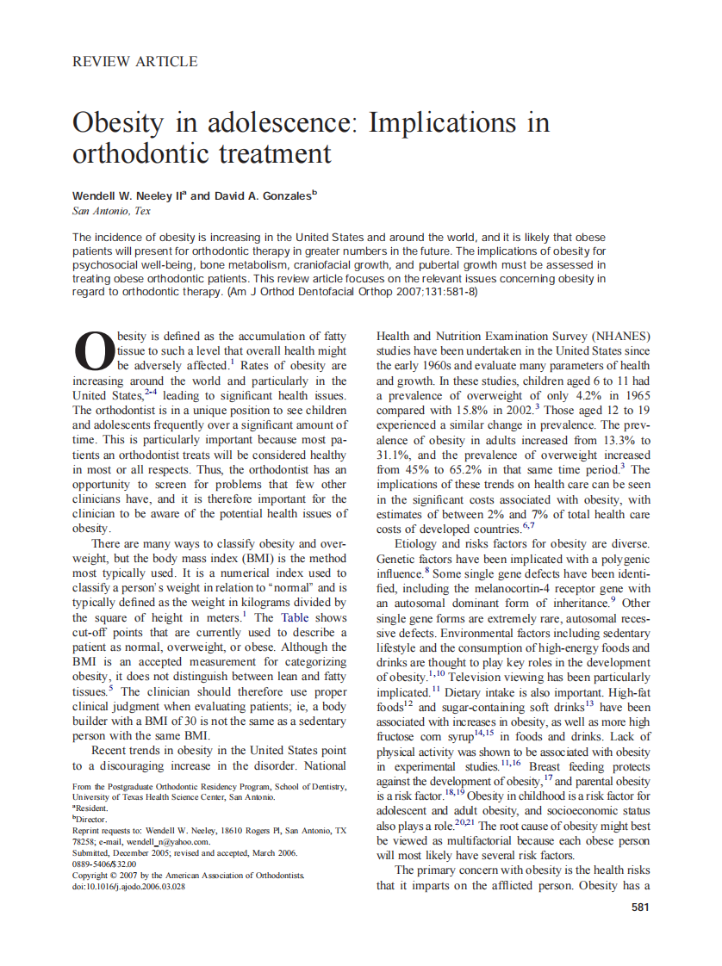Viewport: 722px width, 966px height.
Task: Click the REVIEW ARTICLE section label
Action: [x=135, y=61]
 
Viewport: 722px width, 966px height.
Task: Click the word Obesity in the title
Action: [x=116, y=122]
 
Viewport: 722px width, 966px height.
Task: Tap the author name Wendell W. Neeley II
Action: [x=128, y=196]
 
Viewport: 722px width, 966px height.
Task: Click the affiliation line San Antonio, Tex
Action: [x=111, y=211]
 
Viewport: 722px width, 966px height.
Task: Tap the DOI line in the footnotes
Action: [x=128, y=887]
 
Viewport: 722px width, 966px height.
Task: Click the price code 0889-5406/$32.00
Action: [x=104, y=864]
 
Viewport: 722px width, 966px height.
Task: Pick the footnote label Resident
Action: [x=91, y=808]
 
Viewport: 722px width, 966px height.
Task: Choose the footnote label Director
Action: [x=91, y=820]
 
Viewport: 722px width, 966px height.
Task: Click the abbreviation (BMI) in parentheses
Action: [x=236, y=558]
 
